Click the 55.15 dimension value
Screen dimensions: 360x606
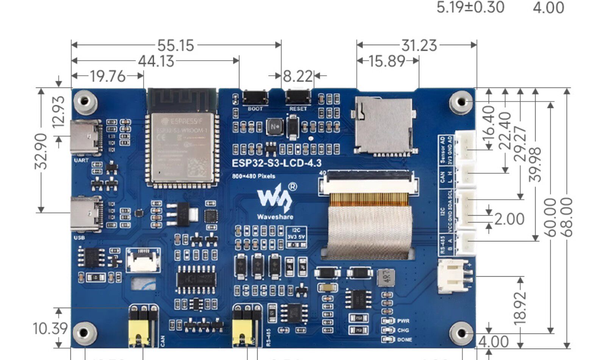pos(176,45)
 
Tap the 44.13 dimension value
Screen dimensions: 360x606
pos(156,61)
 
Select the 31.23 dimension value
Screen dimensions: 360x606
pos(419,45)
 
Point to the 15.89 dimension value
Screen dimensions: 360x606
pos(387,61)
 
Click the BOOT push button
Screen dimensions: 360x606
pos(255,97)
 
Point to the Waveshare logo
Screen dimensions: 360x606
pos(275,201)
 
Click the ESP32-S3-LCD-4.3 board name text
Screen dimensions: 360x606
pos(276,163)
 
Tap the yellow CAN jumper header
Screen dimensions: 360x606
pos(143,326)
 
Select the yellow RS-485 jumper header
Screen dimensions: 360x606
pos(247,326)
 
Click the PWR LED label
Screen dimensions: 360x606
pos(403,321)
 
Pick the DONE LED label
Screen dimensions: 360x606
pos(404,340)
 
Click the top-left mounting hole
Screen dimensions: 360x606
pos(85,101)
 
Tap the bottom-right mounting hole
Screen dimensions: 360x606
pos(461,333)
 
